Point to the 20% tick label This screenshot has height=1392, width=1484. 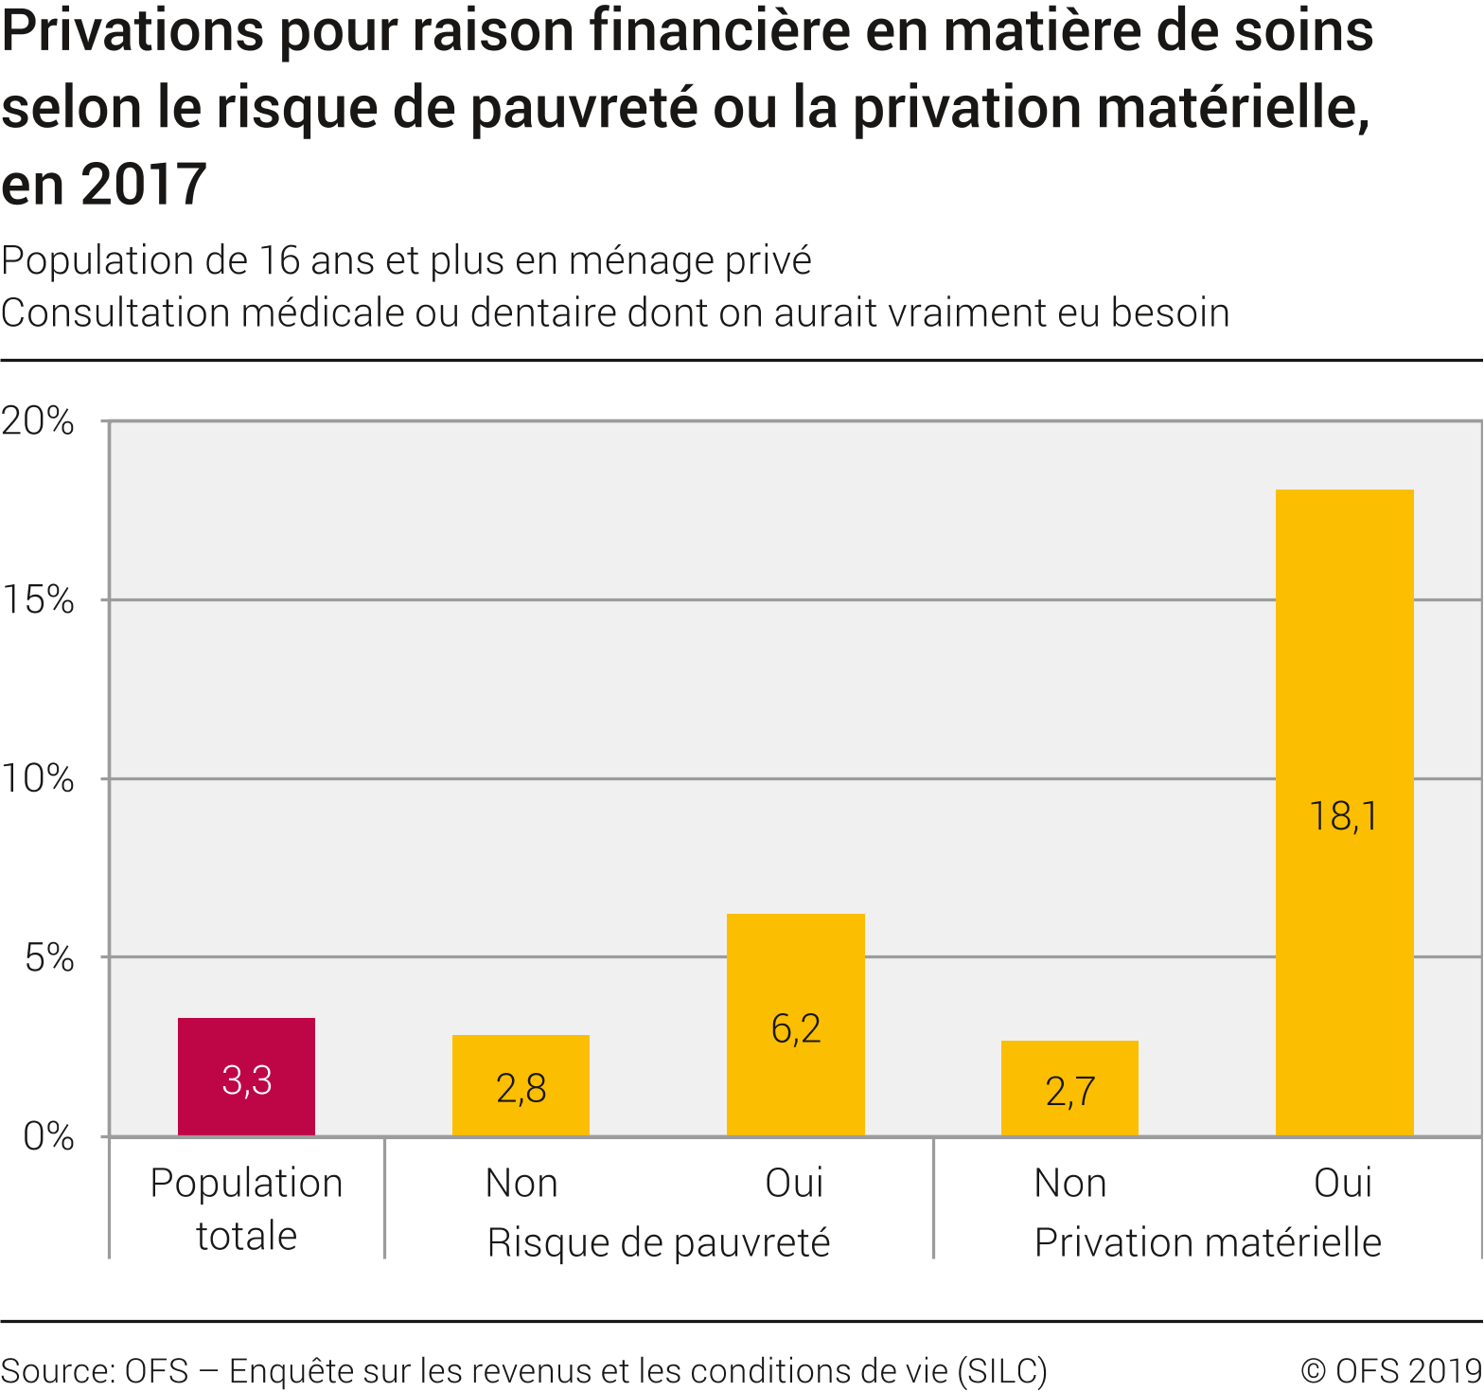[x=38, y=420]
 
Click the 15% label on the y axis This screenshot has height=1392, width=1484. [x=38, y=599]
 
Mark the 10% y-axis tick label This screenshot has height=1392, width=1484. [x=38, y=778]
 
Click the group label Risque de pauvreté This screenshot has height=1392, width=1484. [x=659, y=1242]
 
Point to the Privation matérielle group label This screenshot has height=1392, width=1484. [x=1208, y=1242]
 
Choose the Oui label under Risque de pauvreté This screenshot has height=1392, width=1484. [x=794, y=1184]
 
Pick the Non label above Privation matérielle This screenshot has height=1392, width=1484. [x=1069, y=1184]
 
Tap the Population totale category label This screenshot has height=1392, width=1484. [x=246, y=1209]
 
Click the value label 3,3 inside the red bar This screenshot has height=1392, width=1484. [x=247, y=1080]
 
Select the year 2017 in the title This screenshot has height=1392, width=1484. [x=143, y=184]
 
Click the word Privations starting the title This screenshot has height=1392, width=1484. [x=132, y=30]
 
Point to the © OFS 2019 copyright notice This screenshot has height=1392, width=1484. [x=1391, y=1371]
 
